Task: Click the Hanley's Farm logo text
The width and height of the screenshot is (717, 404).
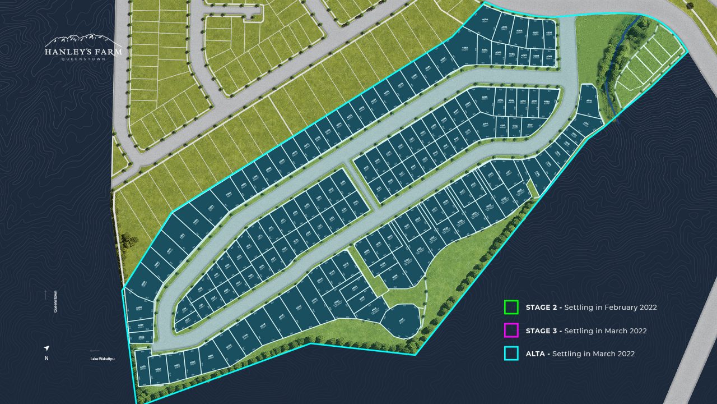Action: tap(83, 52)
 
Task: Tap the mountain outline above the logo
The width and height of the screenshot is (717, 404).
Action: tap(83, 40)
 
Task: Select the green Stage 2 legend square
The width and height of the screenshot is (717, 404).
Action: tap(511, 307)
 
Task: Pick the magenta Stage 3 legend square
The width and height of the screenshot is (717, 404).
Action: tap(511, 330)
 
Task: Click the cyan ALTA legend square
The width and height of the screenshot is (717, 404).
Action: tap(511, 353)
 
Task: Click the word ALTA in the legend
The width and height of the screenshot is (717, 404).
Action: tap(537, 353)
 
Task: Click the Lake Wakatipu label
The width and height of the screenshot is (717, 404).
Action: tap(103, 359)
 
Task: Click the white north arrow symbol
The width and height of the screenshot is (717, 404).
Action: tap(46, 348)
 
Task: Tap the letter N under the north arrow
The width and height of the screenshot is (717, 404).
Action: tap(46, 359)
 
